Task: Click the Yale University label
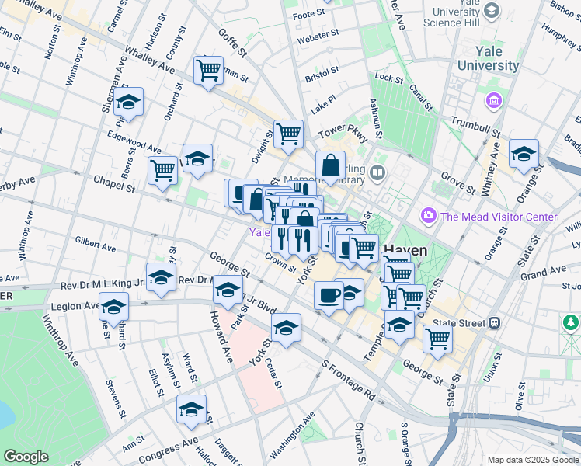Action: click(x=488, y=58)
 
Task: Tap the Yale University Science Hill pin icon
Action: click(x=491, y=11)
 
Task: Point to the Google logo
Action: click(x=26, y=457)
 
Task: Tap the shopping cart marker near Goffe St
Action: click(x=208, y=71)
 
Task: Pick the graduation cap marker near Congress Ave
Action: click(x=191, y=410)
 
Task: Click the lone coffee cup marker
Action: click(x=329, y=296)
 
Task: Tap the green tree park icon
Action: click(x=572, y=321)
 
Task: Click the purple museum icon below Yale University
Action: click(x=492, y=101)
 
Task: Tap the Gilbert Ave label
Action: click(x=96, y=244)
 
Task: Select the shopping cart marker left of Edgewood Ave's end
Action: click(x=162, y=169)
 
